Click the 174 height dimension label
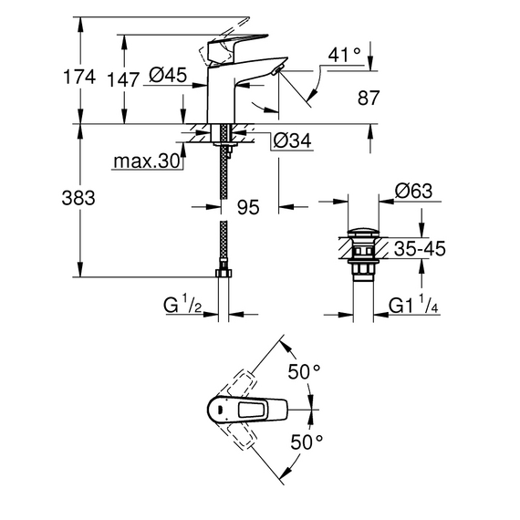pyautogui.click(x=79, y=77)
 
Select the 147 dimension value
pyautogui.click(x=123, y=80)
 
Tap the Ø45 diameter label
pyautogui.click(x=168, y=75)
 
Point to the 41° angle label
pyautogui.click(x=344, y=55)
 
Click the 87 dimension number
pyautogui.click(x=369, y=98)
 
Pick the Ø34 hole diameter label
pyautogui.click(x=292, y=140)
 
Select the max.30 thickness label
pyautogui.click(x=147, y=161)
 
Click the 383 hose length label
pyautogui.click(x=78, y=198)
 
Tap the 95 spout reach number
pyautogui.click(x=248, y=207)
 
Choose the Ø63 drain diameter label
pyautogui.click(x=413, y=191)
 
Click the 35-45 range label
pyautogui.click(x=420, y=248)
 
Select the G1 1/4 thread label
pyautogui.click(x=413, y=305)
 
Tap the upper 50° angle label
pyautogui.click(x=304, y=371)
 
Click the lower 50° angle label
pyautogui.click(x=307, y=442)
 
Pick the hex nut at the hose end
pyautogui.click(x=224, y=273)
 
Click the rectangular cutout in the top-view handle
pyautogui.click(x=252, y=410)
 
